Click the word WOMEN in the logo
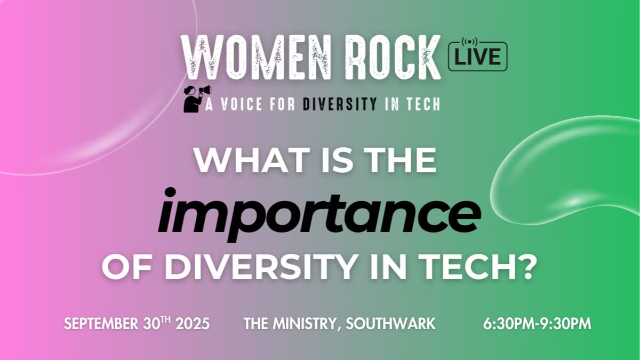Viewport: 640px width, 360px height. coord(257,58)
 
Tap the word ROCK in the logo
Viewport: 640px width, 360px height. coord(393,58)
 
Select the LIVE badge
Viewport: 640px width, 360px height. coord(478,57)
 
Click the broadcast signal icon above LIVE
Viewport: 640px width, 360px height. coord(469,42)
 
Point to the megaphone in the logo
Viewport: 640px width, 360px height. coord(205,90)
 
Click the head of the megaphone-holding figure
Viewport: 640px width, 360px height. coord(189,91)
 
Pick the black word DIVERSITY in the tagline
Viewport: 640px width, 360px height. coord(339,104)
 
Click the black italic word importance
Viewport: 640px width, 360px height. coord(319,214)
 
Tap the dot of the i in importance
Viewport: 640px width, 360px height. coord(170,192)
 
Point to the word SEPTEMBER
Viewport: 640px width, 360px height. coord(101,324)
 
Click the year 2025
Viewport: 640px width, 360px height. coord(193,324)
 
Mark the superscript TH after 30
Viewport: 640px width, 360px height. coord(166,321)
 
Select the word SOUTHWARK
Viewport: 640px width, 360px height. coord(390,324)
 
